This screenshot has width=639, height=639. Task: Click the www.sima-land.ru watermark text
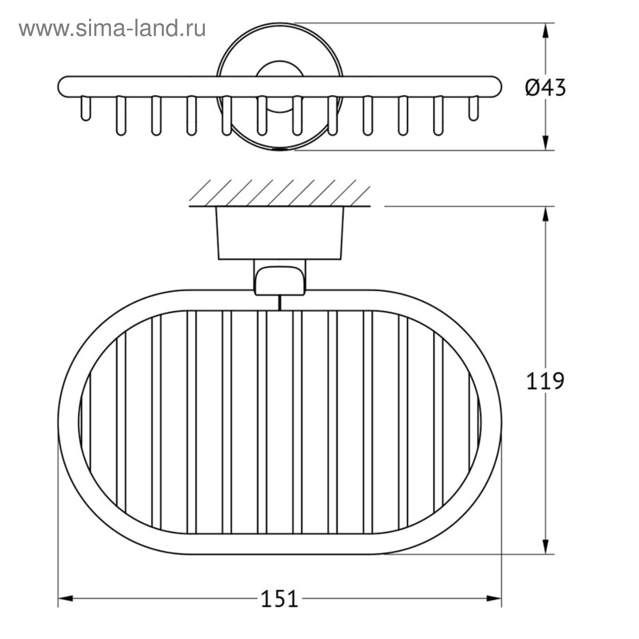112,28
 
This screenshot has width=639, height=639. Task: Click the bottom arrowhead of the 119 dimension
546,546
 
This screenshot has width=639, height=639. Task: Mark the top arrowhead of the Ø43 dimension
546,31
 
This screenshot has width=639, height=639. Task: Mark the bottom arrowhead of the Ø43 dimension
546,143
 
